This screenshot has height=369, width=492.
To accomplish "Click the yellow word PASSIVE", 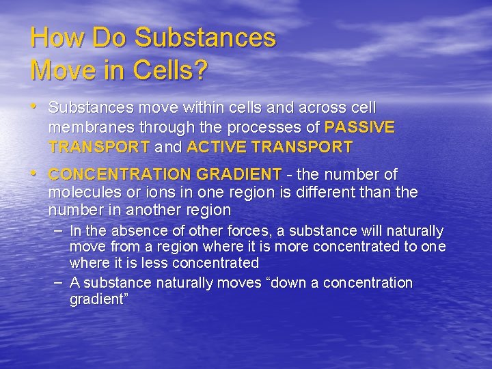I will click(359, 127).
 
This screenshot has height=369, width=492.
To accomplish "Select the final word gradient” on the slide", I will click(96, 299).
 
